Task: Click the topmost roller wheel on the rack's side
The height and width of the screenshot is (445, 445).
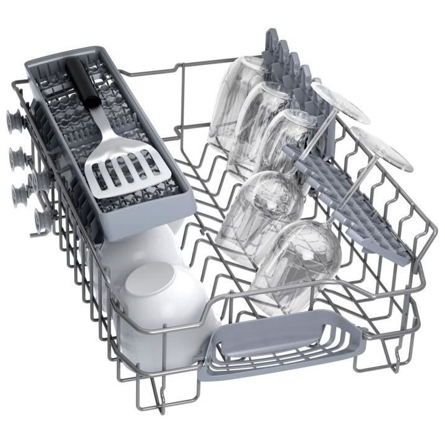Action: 13,118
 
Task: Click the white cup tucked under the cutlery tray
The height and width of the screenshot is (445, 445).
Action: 133,247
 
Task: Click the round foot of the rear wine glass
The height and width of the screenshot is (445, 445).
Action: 339,102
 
